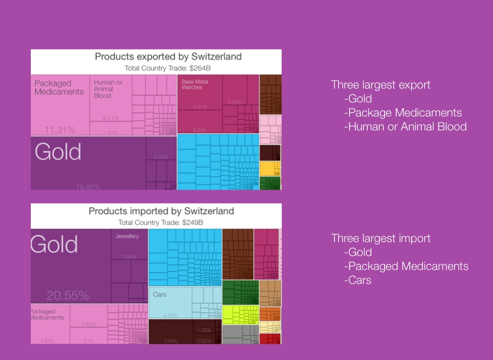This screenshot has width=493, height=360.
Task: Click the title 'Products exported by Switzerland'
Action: pos(168,57)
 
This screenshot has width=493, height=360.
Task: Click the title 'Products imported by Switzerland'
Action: pos(161,211)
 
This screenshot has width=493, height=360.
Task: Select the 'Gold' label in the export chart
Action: pos(58,152)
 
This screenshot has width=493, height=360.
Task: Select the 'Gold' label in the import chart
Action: pos(54,244)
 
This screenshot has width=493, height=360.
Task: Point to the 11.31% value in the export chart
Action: pos(60,130)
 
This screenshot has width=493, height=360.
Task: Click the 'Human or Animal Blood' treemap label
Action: pos(108,89)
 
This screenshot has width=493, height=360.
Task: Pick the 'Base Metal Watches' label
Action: pos(192,85)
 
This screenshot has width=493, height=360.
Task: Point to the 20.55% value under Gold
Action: pos(67,295)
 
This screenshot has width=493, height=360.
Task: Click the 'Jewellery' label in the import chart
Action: pos(127,236)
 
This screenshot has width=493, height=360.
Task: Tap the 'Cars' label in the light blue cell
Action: pos(159,294)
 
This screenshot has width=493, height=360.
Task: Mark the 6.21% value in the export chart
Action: pos(111,118)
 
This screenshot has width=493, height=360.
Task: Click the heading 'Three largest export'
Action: pos(380,85)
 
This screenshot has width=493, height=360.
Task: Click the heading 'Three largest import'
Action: pos(380,238)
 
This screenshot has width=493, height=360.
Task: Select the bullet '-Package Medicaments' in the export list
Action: pos(403,113)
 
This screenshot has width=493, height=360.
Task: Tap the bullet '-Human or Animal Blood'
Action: pos(405,127)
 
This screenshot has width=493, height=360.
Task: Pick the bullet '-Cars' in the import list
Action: pos(358,280)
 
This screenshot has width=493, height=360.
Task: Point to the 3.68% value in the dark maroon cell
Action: pos(171,341)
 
